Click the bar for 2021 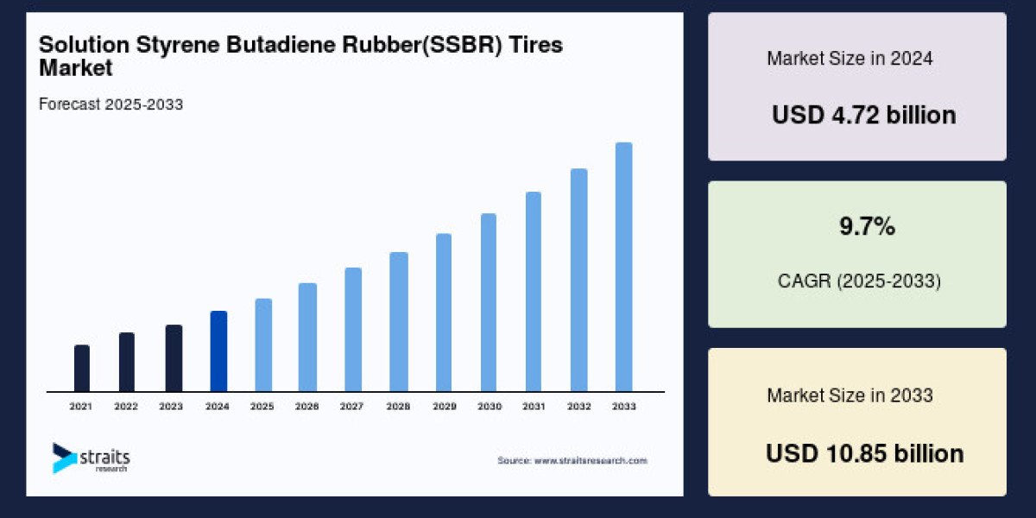pyautogui.click(x=82, y=368)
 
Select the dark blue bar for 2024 pyautogui.click(x=218, y=351)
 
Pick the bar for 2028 pyautogui.click(x=398, y=321)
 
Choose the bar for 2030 pyautogui.click(x=489, y=302)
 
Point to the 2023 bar pyautogui.click(x=174, y=357)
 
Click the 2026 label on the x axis pyautogui.click(x=307, y=406)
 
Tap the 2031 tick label pyautogui.click(x=533, y=406)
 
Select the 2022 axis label pyautogui.click(x=126, y=406)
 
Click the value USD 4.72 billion pyautogui.click(x=863, y=115)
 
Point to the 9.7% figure pyautogui.click(x=867, y=227)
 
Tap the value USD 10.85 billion pyautogui.click(x=864, y=453)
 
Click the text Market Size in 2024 pyautogui.click(x=850, y=59)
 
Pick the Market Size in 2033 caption pyautogui.click(x=850, y=395)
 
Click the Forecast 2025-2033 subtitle pyautogui.click(x=111, y=104)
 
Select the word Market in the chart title pyautogui.click(x=75, y=67)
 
